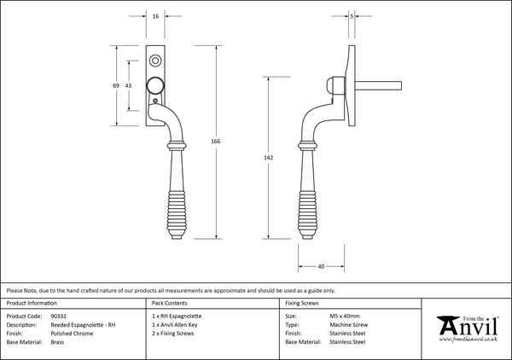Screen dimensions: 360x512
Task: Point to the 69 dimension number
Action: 117,87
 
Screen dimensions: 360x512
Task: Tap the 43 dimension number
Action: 129,87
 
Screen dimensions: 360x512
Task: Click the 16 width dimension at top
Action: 154,17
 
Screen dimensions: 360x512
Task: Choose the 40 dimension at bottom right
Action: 321,267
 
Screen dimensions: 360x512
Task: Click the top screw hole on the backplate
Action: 154,61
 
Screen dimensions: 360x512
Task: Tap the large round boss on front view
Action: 154,85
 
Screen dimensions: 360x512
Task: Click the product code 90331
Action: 59,316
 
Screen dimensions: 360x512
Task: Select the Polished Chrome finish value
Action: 71,333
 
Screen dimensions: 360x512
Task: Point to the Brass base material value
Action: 57,341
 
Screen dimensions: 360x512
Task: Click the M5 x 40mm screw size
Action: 346,316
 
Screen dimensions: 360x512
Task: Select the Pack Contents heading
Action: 169,303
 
